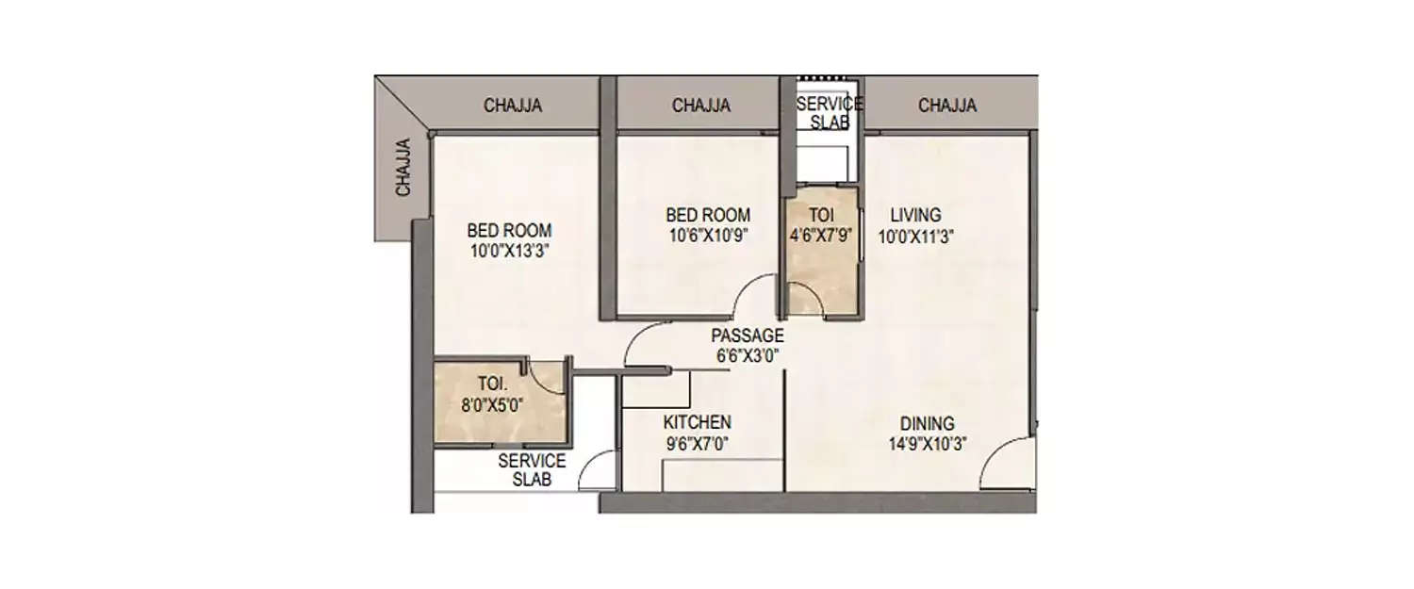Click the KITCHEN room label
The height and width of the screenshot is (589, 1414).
tap(697, 422)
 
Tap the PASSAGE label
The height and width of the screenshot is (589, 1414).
tap(747, 335)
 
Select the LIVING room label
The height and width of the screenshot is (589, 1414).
tap(915, 216)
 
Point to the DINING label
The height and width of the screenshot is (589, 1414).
tap(926, 424)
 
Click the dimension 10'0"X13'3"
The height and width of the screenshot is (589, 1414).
tap(509, 251)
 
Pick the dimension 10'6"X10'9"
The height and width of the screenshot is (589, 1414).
tap(707, 236)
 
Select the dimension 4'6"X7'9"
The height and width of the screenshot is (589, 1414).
tap(822, 236)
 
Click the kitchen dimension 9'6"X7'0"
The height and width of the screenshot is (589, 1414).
tap(697, 442)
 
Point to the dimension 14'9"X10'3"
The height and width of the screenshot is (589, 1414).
tap(926, 444)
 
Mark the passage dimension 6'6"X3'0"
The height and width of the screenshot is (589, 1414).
tap(747, 355)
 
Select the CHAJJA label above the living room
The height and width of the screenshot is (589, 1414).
tap(947, 106)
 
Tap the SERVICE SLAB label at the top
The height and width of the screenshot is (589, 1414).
tap(829, 113)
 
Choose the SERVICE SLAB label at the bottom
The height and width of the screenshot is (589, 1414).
tap(532, 469)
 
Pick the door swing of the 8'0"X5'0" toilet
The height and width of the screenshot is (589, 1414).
tap(546, 376)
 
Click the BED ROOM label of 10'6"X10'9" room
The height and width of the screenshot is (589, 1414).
tap(707, 215)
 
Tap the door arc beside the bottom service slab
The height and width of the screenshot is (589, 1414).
tap(598, 469)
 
